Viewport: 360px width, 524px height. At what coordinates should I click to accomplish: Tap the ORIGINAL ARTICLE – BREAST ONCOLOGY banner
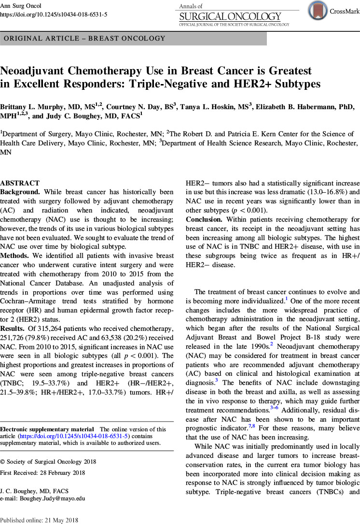[x=84, y=38]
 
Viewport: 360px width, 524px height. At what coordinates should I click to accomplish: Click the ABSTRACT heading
[x=20, y=184]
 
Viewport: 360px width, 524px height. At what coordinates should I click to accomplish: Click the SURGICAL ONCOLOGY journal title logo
[x=234, y=17]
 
